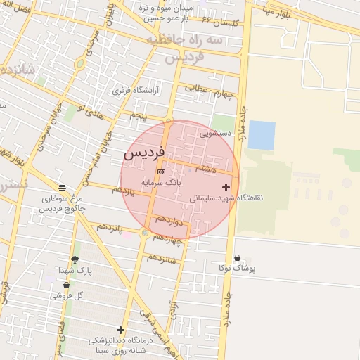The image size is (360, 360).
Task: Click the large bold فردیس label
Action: [x=144, y=153]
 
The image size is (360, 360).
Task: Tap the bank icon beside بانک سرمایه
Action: [x=161, y=172]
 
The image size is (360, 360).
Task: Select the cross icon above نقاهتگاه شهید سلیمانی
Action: [x=226, y=187]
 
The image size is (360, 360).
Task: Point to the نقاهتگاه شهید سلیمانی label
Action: [x=226, y=198]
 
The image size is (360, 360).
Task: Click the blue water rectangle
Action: [x=262, y=135]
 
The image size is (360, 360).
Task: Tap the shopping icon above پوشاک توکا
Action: [x=237, y=258]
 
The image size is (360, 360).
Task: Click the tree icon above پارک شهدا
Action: [x=75, y=259]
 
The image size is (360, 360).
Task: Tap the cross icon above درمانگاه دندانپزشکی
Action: [x=120, y=330]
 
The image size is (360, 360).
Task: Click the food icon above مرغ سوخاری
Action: [x=63, y=188]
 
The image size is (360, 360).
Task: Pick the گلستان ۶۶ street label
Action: [x=221, y=23]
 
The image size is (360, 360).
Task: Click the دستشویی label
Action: [x=215, y=132]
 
